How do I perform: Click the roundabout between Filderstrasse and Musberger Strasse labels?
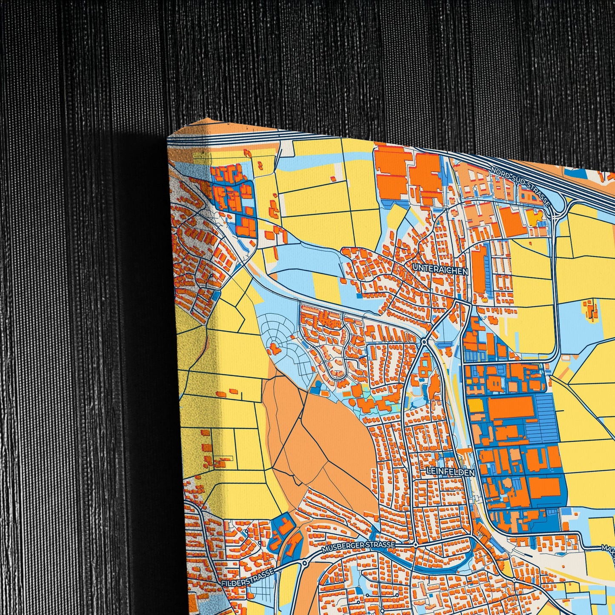[305, 563]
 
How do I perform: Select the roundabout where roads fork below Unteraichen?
[424, 342]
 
